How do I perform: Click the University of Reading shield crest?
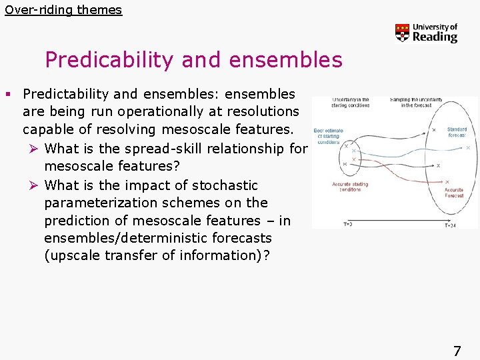(x=402, y=33)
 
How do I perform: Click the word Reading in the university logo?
(x=435, y=37)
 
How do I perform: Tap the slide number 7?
(x=457, y=351)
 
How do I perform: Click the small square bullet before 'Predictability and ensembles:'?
(x=14, y=94)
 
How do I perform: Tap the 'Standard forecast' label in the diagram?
(x=457, y=132)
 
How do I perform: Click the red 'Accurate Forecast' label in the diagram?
(x=455, y=193)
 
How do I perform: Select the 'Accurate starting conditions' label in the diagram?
(x=349, y=187)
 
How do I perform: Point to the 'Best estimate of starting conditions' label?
(x=328, y=136)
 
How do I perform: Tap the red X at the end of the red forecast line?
(x=446, y=181)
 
